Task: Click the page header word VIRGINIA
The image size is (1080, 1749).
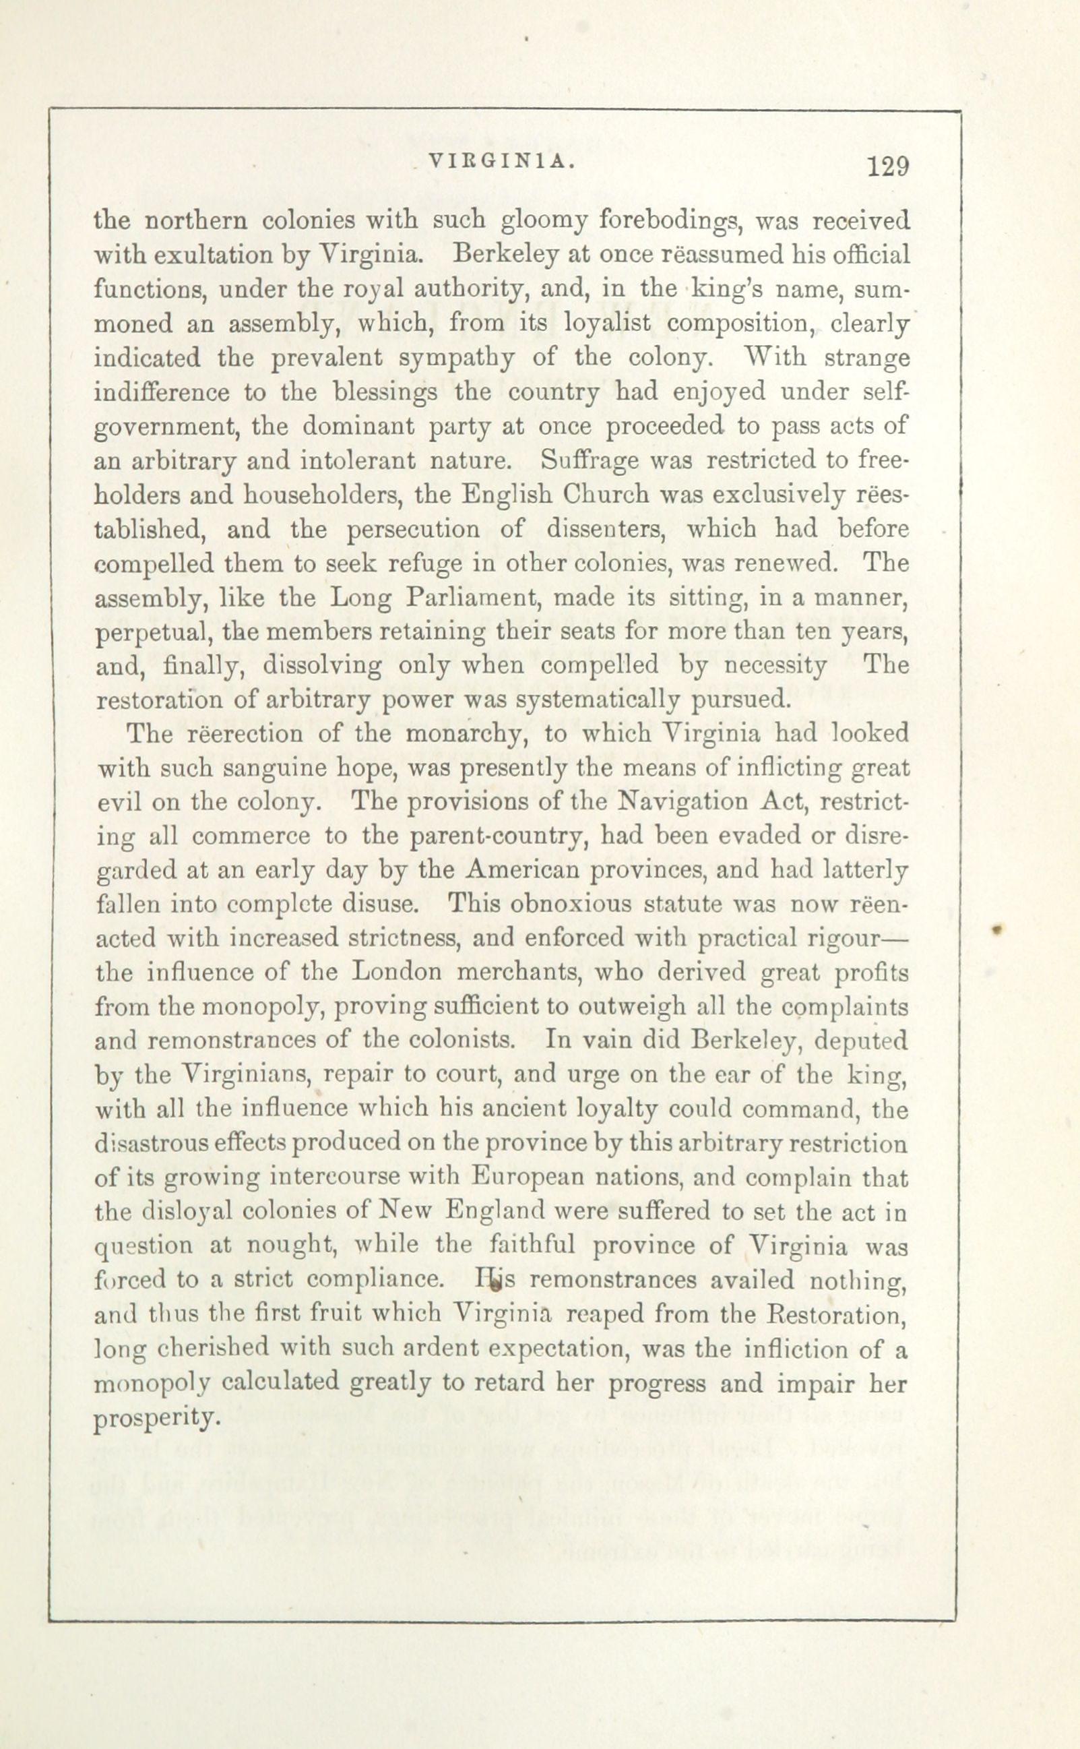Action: click(501, 162)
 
